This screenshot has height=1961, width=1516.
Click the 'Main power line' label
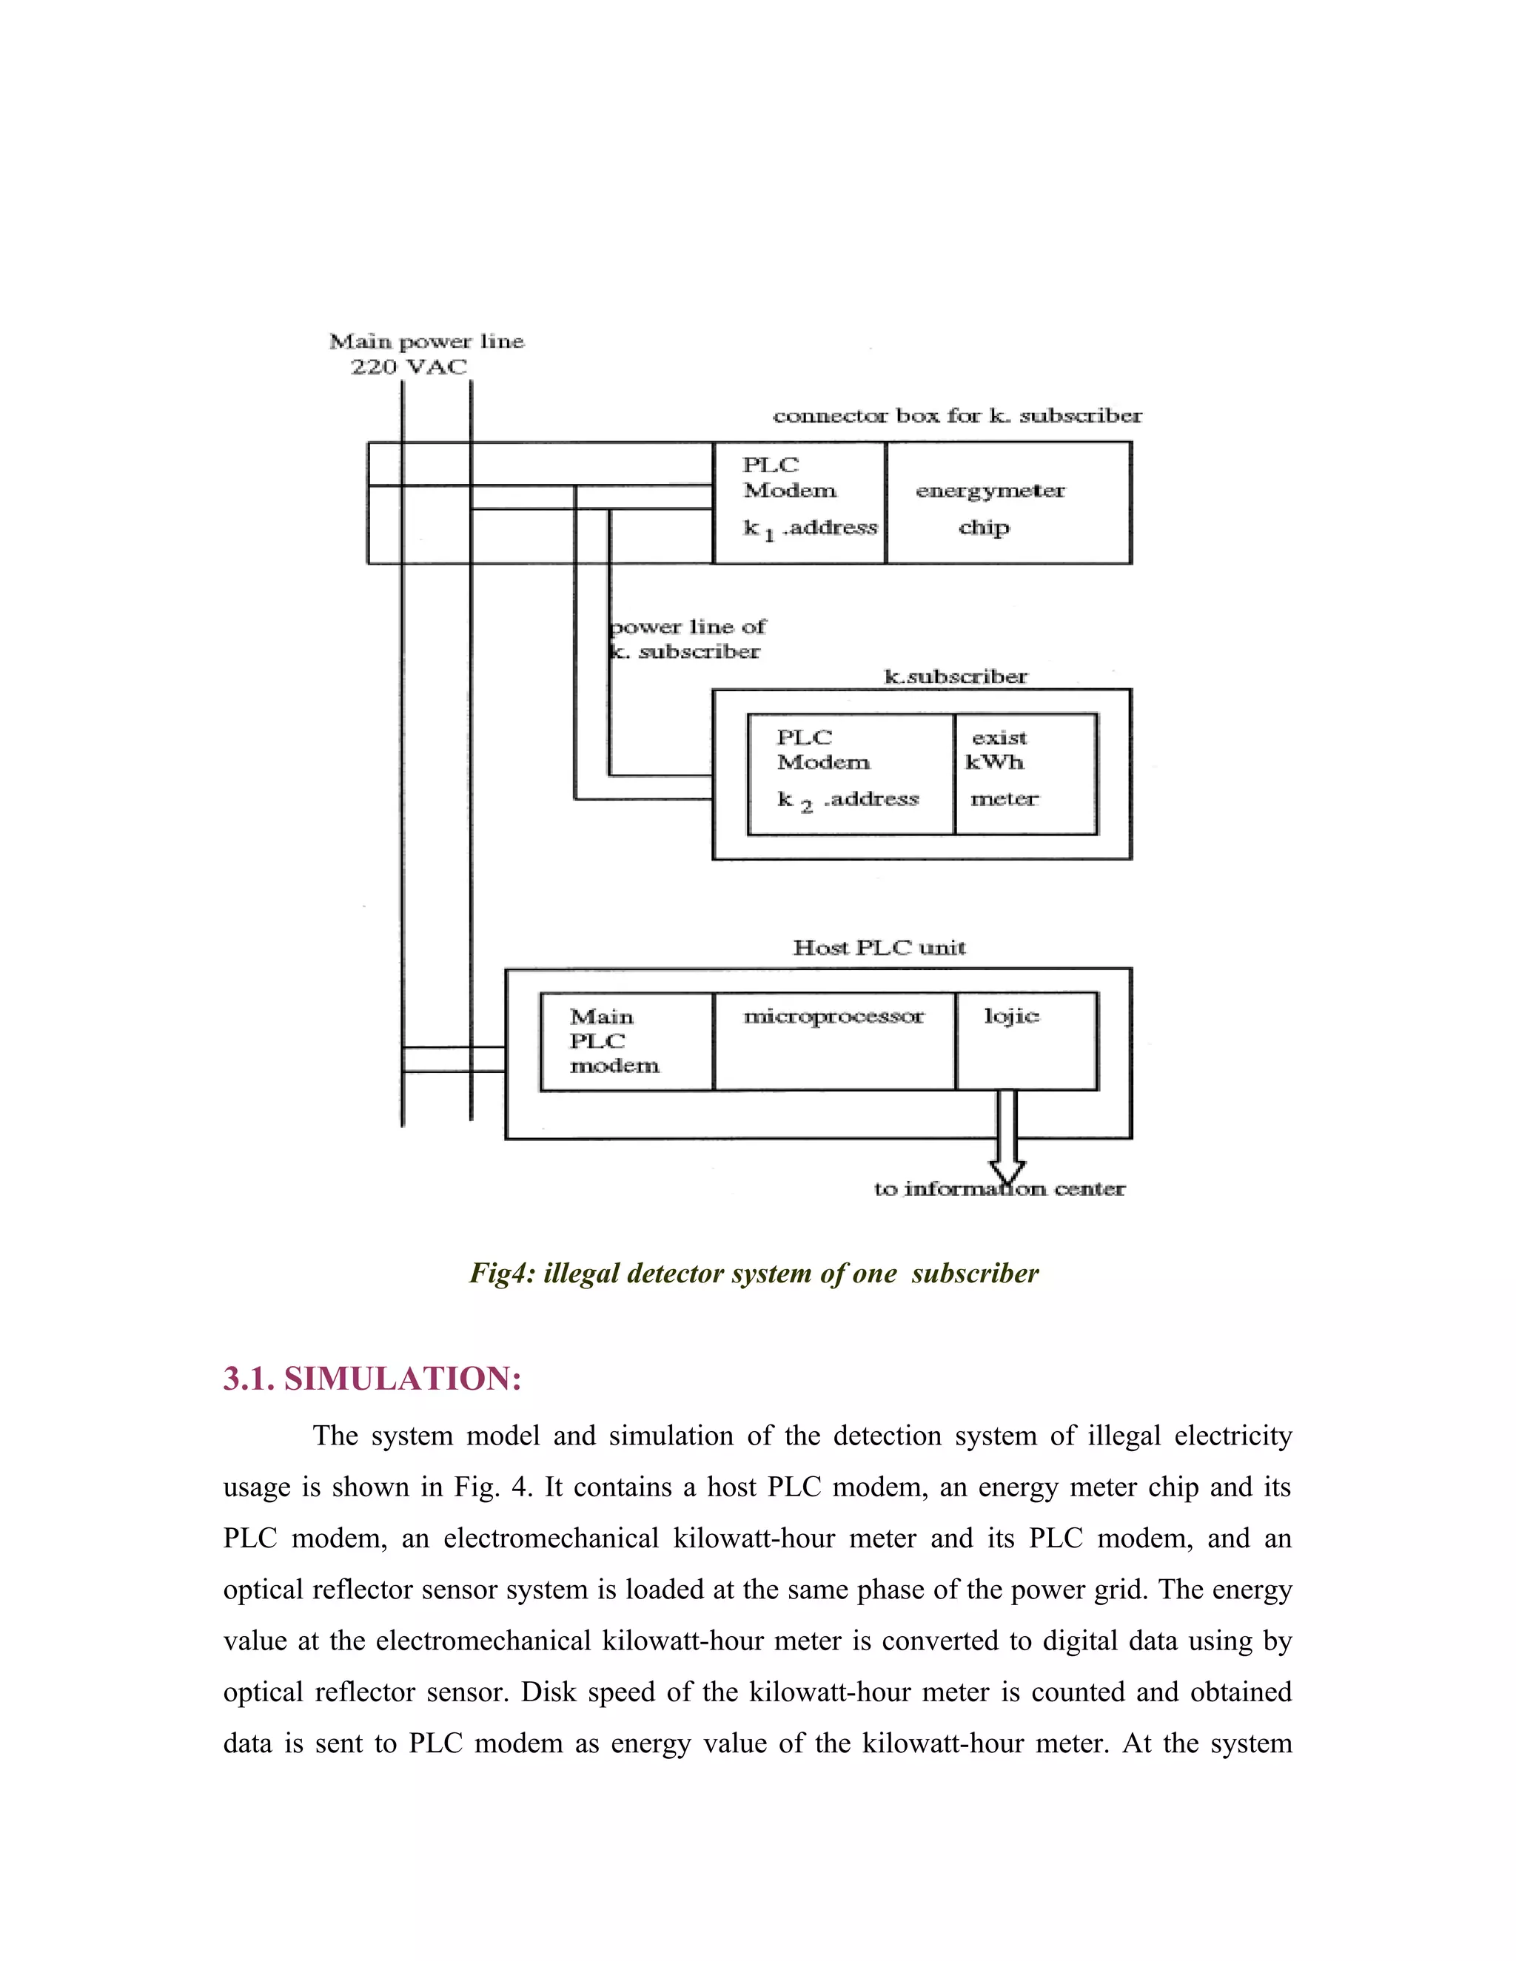coord(426,341)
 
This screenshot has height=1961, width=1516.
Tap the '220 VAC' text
coord(409,366)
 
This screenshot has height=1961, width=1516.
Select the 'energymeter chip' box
coord(1007,502)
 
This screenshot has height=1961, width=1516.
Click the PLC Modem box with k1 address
coord(799,502)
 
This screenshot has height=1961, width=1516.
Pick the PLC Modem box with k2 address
coord(850,774)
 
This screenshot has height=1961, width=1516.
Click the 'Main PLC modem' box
coord(626,1042)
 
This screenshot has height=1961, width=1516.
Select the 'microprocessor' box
coord(834,1042)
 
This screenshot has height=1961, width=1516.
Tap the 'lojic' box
coord(1027,1042)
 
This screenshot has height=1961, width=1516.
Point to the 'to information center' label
coord(999,1189)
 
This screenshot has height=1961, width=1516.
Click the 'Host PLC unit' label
coord(879,947)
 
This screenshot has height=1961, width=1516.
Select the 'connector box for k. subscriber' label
coord(957,416)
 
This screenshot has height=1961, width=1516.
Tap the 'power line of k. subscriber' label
coord(687,639)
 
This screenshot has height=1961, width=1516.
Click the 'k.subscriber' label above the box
coord(956,676)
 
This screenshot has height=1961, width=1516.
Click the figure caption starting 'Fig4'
coord(754,1274)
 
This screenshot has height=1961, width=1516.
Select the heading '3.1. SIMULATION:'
coord(372,1379)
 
